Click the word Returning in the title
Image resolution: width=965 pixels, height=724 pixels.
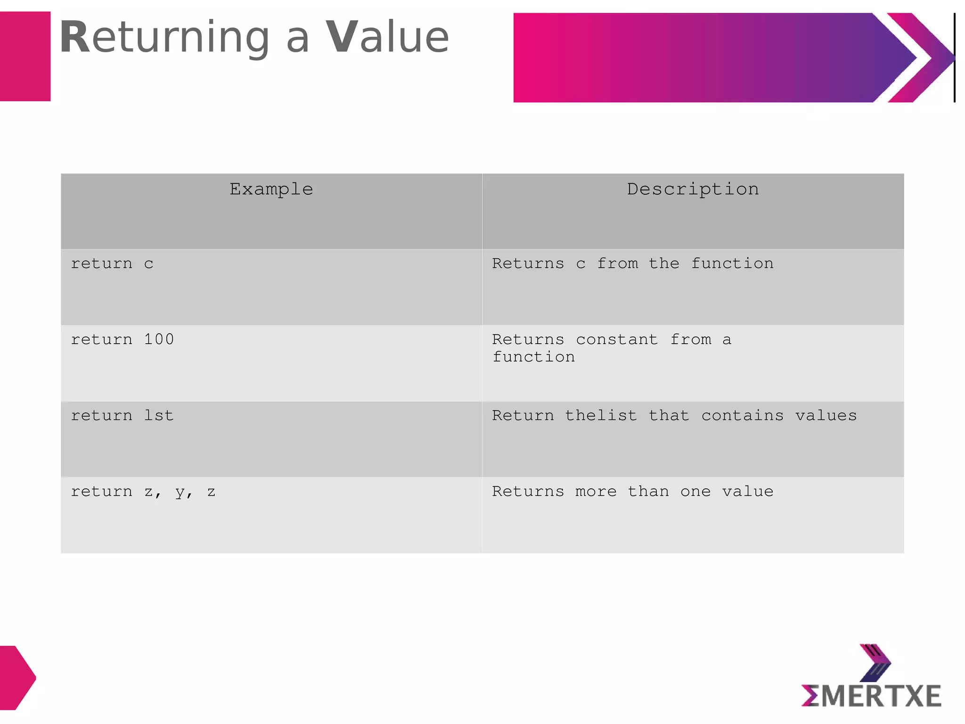(164, 38)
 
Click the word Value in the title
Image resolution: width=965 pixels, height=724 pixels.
(387, 38)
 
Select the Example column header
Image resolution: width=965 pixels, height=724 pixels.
(271, 189)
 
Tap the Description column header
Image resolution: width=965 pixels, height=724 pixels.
(693, 189)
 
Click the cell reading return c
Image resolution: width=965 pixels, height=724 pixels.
(112, 263)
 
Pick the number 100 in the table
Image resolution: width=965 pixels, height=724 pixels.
(159, 339)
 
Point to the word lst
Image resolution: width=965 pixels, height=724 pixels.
(159, 415)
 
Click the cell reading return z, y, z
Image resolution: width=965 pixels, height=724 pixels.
(143, 492)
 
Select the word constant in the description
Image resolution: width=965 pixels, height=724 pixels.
(617, 339)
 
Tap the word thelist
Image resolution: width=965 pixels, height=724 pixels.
(601, 415)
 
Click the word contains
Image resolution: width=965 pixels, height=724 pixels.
(743, 415)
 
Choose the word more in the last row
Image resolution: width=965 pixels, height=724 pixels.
(596, 492)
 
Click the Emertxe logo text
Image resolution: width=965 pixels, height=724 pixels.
(871, 696)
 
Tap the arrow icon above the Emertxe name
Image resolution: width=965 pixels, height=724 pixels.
(875, 663)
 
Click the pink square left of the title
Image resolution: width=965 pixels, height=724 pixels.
(25, 57)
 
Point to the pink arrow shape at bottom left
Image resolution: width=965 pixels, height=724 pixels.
(17, 677)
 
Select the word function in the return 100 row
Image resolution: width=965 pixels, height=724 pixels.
(533, 357)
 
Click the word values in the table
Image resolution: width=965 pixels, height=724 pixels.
(826, 415)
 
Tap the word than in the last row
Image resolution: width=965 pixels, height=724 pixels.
(648, 492)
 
